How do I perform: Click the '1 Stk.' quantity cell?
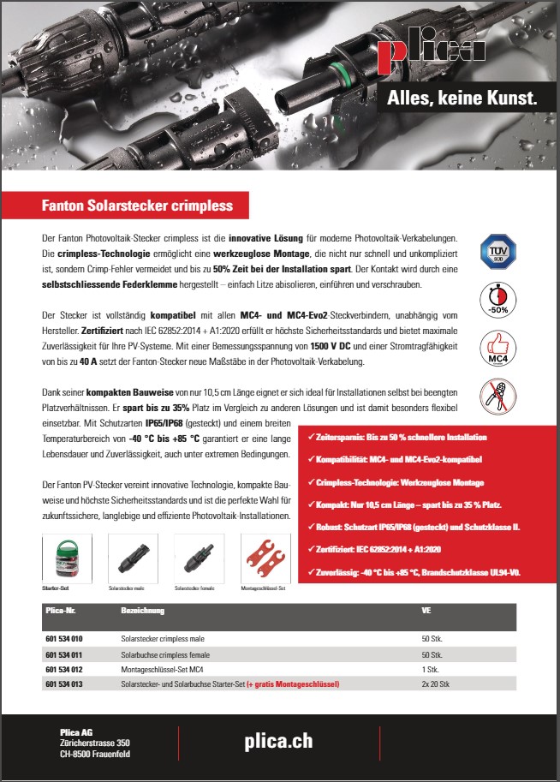click(x=431, y=668)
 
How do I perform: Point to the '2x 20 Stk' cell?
click(x=437, y=684)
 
